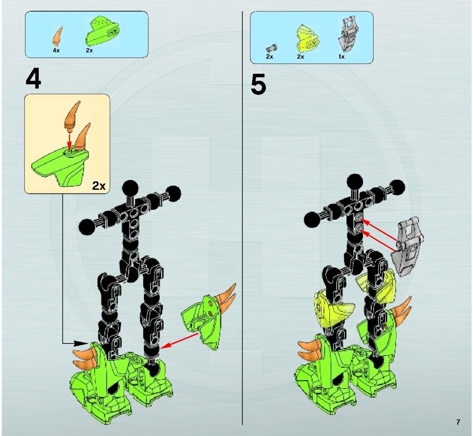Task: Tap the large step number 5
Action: tap(258, 85)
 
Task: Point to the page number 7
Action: tap(458, 422)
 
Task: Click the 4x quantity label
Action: tap(56, 50)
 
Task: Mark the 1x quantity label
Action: tap(341, 56)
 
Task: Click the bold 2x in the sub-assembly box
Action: tap(98, 185)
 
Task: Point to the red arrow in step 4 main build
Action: tap(181, 340)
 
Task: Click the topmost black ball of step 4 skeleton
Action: tap(129, 187)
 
